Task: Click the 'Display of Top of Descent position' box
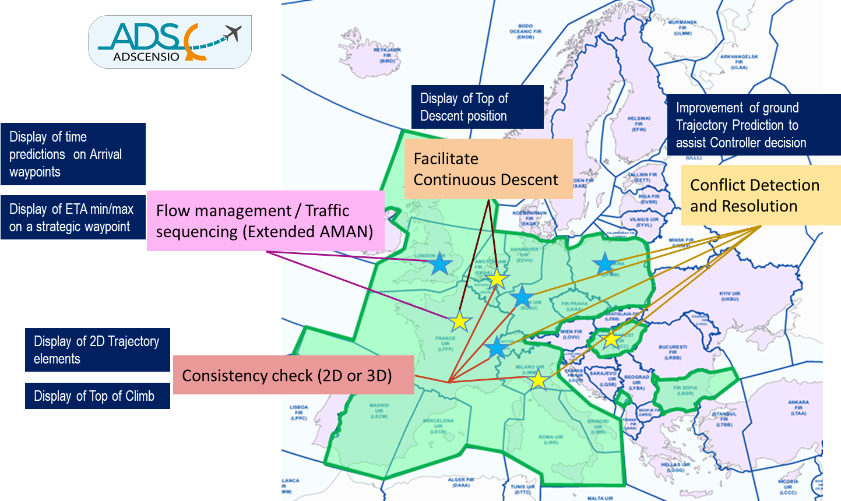[477, 107]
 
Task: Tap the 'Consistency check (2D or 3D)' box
[293, 375]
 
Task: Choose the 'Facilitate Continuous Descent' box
[488, 169]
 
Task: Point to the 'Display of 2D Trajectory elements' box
[97, 350]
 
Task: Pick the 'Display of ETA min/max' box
[73, 217]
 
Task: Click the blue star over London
[440, 264]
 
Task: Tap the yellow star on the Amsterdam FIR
[497, 278]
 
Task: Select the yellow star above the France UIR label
[460, 321]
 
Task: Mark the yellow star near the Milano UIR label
[538, 380]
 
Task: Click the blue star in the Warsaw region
[604, 264]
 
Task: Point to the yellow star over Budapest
[611, 338]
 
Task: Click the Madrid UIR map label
[379, 411]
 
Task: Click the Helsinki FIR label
[638, 124]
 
